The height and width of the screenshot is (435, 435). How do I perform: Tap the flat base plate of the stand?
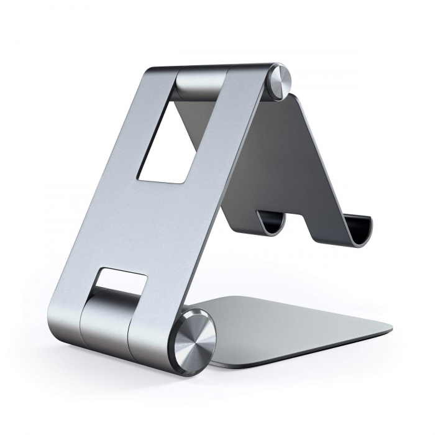pyautogui.click(x=298, y=323)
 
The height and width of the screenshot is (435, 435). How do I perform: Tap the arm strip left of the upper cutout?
pyautogui.click(x=130, y=137)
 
